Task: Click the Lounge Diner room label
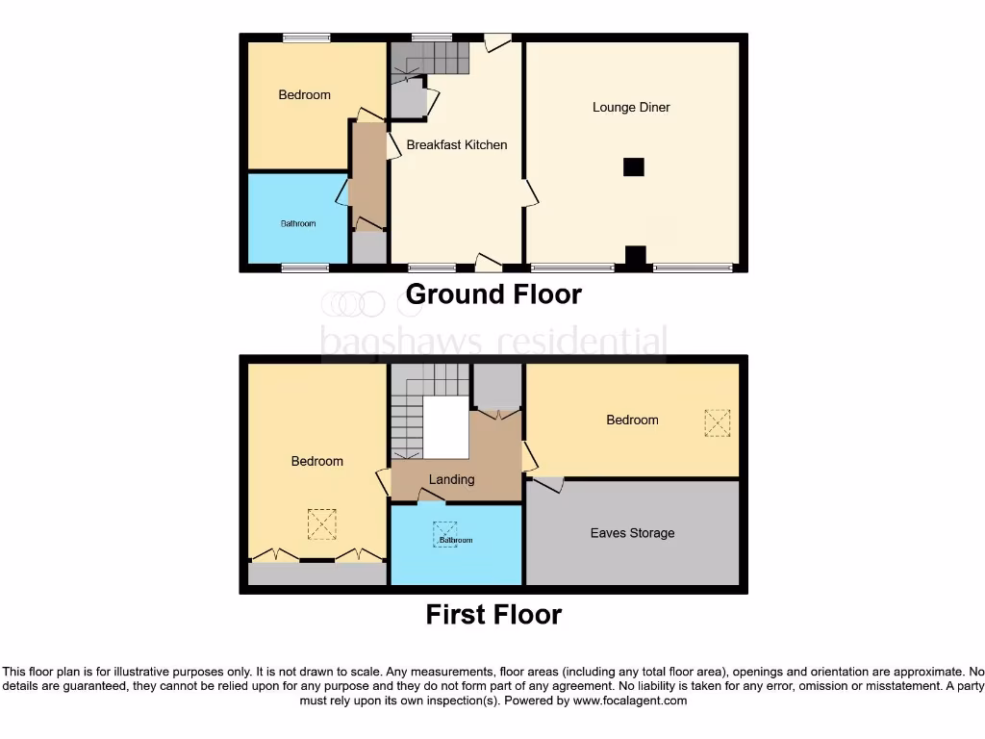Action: click(x=631, y=107)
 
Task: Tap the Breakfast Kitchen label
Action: click(x=456, y=145)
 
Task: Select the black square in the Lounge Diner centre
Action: click(x=633, y=166)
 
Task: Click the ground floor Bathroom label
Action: click(x=298, y=223)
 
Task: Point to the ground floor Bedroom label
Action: click(x=304, y=94)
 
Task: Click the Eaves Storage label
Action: click(x=632, y=533)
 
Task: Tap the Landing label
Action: click(x=451, y=479)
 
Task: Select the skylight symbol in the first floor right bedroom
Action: click(x=717, y=422)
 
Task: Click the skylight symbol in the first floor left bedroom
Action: click(x=319, y=523)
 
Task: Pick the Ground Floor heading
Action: click(x=493, y=293)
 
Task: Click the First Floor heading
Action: click(x=493, y=614)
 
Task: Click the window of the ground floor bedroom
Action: click(x=307, y=38)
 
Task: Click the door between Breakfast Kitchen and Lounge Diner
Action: click(x=529, y=193)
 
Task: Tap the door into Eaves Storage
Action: click(x=548, y=484)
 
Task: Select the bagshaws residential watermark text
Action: click(x=492, y=341)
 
